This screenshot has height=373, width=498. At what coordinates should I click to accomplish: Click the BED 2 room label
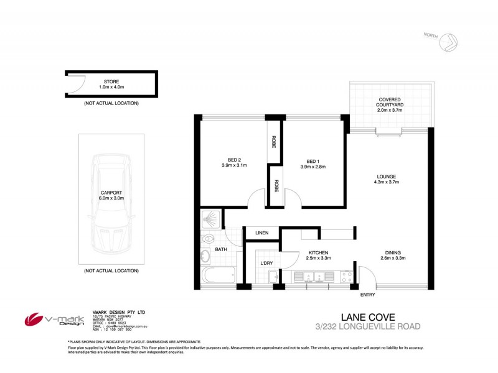pyautogui.click(x=234, y=162)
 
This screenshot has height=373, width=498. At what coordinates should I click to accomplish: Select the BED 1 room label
pyautogui.click(x=312, y=162)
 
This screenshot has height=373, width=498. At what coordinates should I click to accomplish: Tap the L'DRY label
pyautogui.click(x=266, y=264)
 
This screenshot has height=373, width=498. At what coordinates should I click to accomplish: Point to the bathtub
pyautogui.click(x=218, y=274)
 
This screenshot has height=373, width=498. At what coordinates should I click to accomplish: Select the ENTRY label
pyautogui.click(x=368, y=294)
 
